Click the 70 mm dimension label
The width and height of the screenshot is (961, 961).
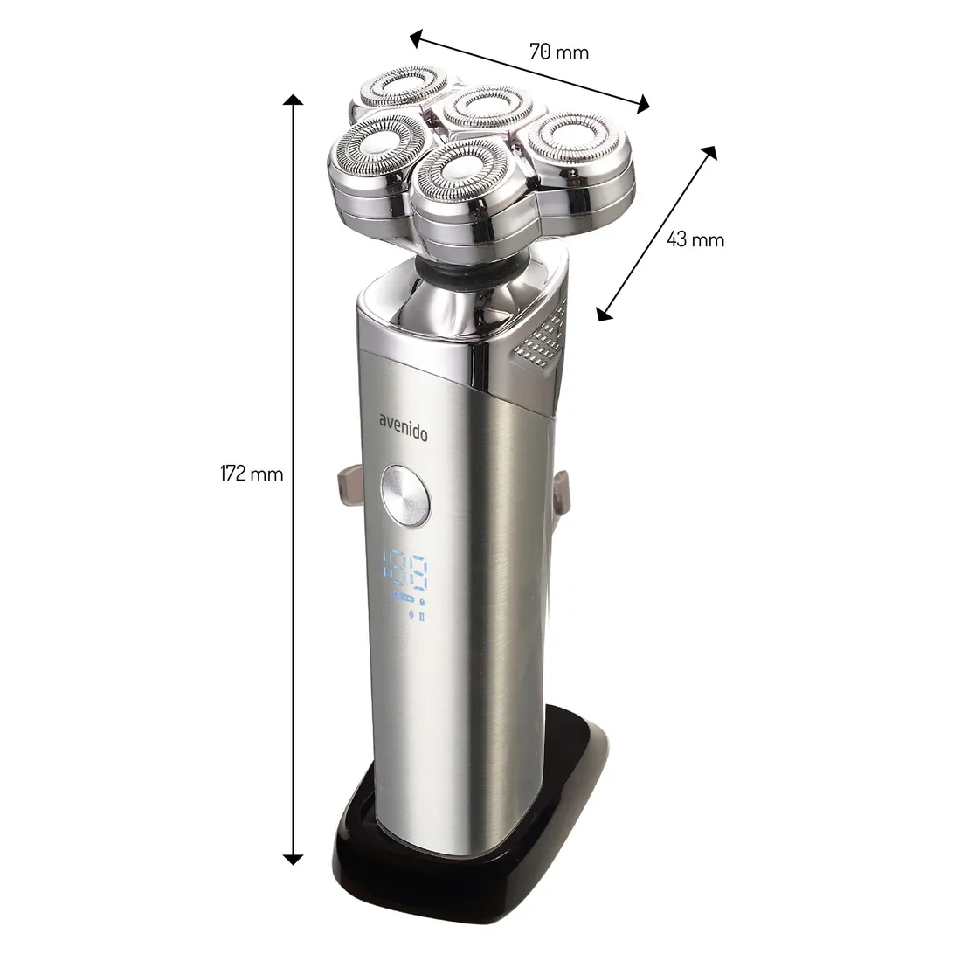(x=559, y=52)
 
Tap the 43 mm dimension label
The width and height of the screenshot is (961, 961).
(x=695, y=239)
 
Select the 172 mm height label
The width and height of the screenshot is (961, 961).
(x=252, y=474)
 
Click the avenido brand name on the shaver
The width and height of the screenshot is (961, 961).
(x=403, y=427)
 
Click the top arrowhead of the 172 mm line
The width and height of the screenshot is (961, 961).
(x=294, y=100)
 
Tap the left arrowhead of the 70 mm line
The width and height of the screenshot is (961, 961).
(x=417, y=39)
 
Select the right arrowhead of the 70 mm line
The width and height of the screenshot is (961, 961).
(x=642, y=106)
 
